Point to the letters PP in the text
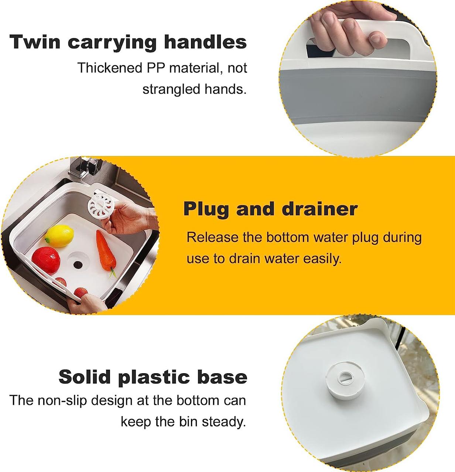coord(155,68)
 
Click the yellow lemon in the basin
coord(59,236)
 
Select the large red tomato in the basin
coord(46,261)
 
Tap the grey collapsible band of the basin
coord(357,95)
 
